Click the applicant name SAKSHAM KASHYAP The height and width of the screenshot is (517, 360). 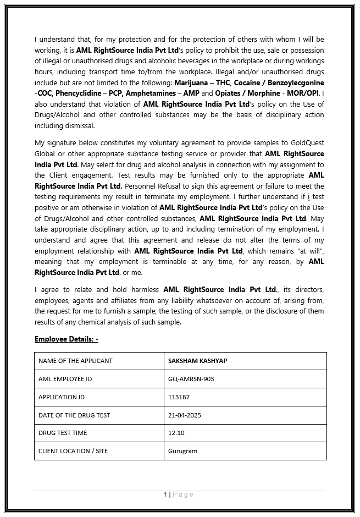pyautogui.click(x=197, y=361)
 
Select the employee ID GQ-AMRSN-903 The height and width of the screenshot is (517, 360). pyautogui.click(x=191, y=379)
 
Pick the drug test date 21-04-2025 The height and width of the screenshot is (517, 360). pyautogui.click(x=185, y=415)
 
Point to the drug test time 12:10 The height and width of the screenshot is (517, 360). pyautogui.click(x=176, y=433)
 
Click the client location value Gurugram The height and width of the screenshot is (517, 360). pyautogui.click(x=182, y=451)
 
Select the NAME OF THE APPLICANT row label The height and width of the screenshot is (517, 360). pyautogui.click(x=75, y=361)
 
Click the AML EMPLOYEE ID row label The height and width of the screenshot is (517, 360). pyautogui.click(x=65, y=379)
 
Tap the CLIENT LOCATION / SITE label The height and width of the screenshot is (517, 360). pyautogui.click(x=73, y=451)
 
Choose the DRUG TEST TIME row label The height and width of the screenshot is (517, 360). pyautogui.click(x=63, y=433)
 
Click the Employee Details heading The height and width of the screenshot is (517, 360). pyautogui.click(x=66, y=339)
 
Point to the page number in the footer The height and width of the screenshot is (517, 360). pyautogui.click(x=165, y=494)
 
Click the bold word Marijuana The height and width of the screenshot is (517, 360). pyautogui.click(x=192, y=82)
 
